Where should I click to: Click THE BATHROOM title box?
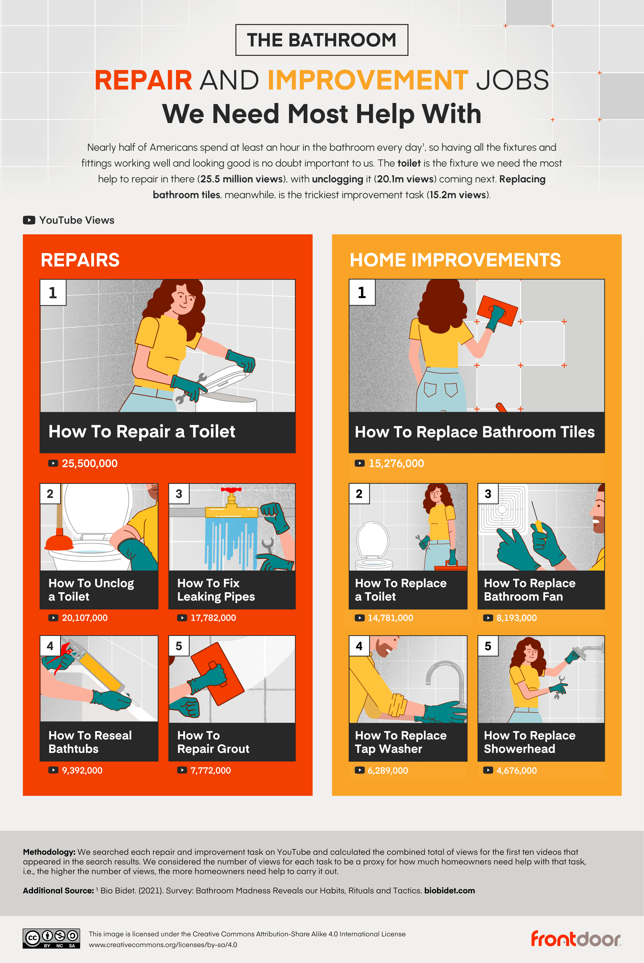[x=322, y=40]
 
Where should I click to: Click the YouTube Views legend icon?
[x=29, y=220]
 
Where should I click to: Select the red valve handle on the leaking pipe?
[x=231, y=490]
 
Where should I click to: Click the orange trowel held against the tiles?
[x=497, y=311]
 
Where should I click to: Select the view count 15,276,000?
[x=396, y=464]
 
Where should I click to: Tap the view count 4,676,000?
[x=516, y=771]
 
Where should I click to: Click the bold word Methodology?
[x=49, y=852]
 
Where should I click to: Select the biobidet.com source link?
[x=449, y=890]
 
